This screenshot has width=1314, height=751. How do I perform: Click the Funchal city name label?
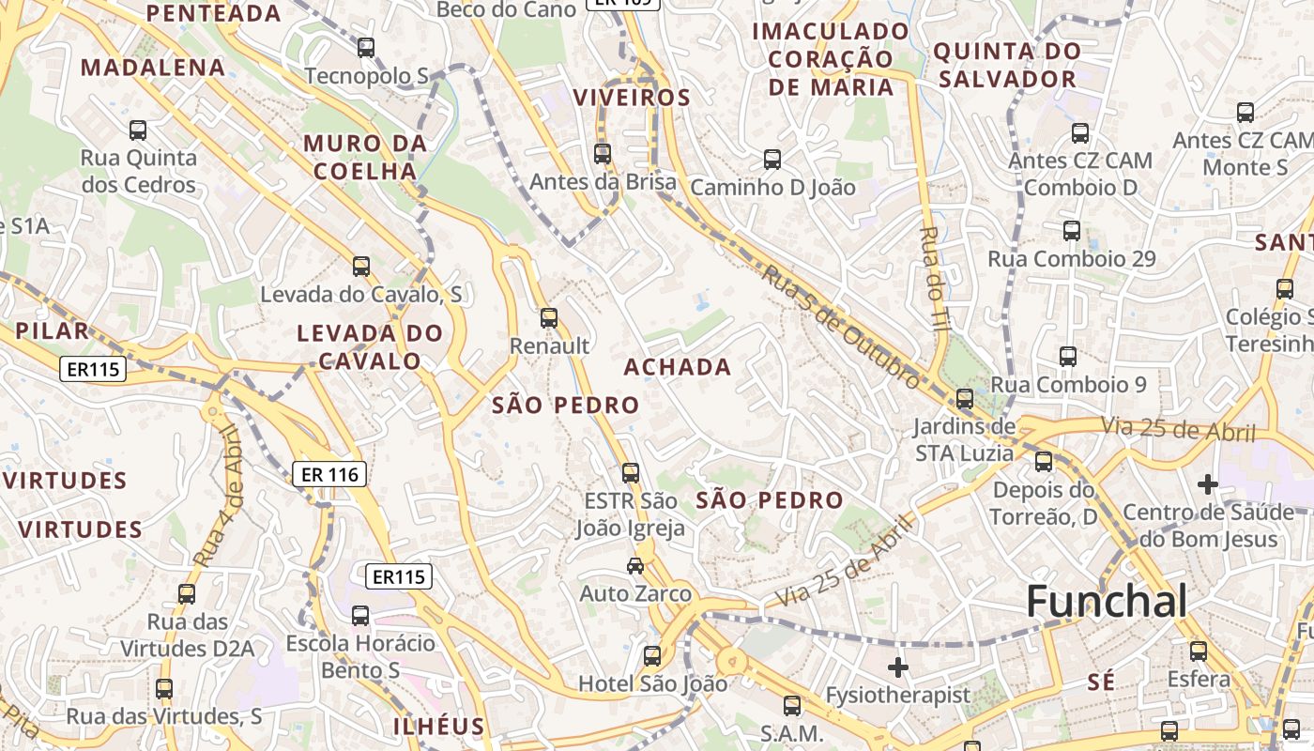click(1107, 601)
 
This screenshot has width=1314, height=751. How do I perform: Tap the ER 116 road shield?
click(328, 475)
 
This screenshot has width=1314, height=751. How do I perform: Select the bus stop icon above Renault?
click(549, 318)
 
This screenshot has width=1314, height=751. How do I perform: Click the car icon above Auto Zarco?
click(635, 565)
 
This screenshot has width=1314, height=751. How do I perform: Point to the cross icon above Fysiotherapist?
click(898, 667)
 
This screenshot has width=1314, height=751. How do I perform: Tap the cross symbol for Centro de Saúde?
click(1208, 484)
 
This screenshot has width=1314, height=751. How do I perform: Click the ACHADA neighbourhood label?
click(678, 366)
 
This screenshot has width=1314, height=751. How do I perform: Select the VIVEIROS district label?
click(632, 98)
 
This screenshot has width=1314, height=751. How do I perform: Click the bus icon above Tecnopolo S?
click(366, 47)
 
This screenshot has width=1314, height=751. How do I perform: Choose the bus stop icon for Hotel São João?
click(652, 656)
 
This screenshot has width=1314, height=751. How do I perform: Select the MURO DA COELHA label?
click(365, 158)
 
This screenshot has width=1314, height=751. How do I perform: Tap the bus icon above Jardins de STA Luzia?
click(964, 399)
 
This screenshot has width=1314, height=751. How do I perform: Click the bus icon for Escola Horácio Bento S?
click(360, 616)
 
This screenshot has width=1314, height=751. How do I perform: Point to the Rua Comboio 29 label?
click(1072, 258)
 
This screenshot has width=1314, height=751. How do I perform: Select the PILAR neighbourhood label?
click(52, 330)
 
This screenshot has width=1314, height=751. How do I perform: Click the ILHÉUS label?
click(438, 726)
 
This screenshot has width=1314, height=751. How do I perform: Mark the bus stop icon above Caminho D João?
click(772, 160)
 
